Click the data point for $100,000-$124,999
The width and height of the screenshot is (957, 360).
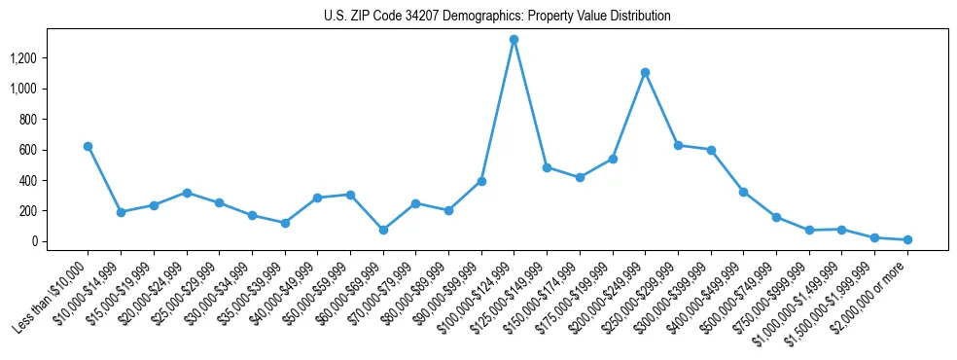coord(514,40)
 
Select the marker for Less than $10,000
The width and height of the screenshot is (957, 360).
coord(88,146)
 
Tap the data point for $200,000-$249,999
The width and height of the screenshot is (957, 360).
coord(645,72)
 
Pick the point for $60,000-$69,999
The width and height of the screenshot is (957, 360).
coord(383,231)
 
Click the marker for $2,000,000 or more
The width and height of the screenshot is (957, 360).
coord(907,239)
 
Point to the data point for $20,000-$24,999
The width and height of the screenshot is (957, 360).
coord(186,193)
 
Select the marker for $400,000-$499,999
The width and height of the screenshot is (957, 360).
coord(743,192)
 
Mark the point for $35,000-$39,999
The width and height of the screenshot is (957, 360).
coord(284,223)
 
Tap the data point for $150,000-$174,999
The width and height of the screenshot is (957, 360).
coord(580,177)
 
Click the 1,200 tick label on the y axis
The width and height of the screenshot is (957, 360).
coord(22,58)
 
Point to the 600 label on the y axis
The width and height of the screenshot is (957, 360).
coord(27,150)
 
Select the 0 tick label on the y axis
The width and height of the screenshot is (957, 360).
coord(32,241)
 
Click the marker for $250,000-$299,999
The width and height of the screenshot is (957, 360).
coord(678,145)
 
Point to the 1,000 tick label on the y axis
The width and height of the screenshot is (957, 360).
coord(22,89)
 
